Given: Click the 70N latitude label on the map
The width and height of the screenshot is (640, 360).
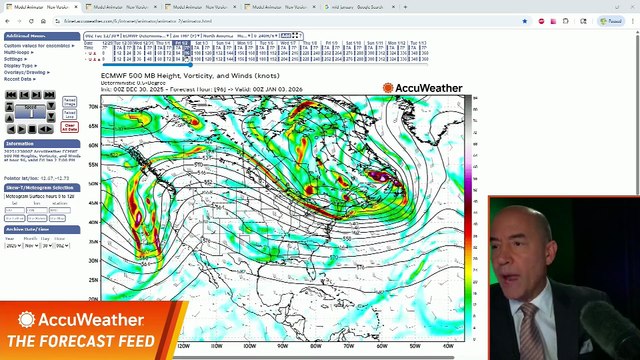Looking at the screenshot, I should (x=94, y=106).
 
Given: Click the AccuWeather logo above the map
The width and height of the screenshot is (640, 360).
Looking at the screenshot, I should (x=423, y=88).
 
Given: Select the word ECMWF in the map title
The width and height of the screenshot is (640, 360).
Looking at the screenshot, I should (x=113, y=76).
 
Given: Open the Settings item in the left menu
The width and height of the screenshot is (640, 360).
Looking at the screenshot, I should (x=16, y=58).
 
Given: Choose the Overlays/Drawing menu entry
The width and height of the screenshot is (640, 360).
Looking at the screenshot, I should (x=26, y=72).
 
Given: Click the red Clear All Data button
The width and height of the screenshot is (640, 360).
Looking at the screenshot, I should (x=69, y=127).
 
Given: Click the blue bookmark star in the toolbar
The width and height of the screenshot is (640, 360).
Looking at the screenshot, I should (x=524, y=20).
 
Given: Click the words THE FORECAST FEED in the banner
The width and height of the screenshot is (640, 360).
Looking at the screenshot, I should (x=81, y=341).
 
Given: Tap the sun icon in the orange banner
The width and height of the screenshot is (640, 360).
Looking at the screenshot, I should (x=27, y=320).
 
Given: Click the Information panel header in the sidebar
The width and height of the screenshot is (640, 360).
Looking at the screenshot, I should (x=20, y=143).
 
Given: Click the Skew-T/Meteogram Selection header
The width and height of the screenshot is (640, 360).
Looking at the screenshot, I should (x=39, y=187).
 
